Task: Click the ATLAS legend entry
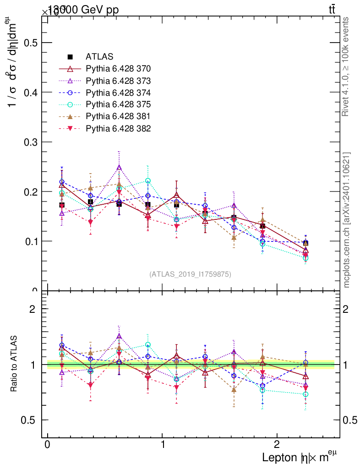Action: click(99, 57)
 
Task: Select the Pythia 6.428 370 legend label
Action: click(118, 69)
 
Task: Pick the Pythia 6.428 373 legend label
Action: click(118, 81)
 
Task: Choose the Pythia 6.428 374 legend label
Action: click(118, 93)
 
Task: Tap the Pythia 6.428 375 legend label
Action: click(118, 105)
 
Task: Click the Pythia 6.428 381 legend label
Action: click(118, 117)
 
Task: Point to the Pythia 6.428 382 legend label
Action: click(118, 129)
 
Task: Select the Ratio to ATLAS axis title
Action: click(15, 364)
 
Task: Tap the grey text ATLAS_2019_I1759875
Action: click(190, 274)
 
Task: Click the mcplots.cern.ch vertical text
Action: click(347, 220)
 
